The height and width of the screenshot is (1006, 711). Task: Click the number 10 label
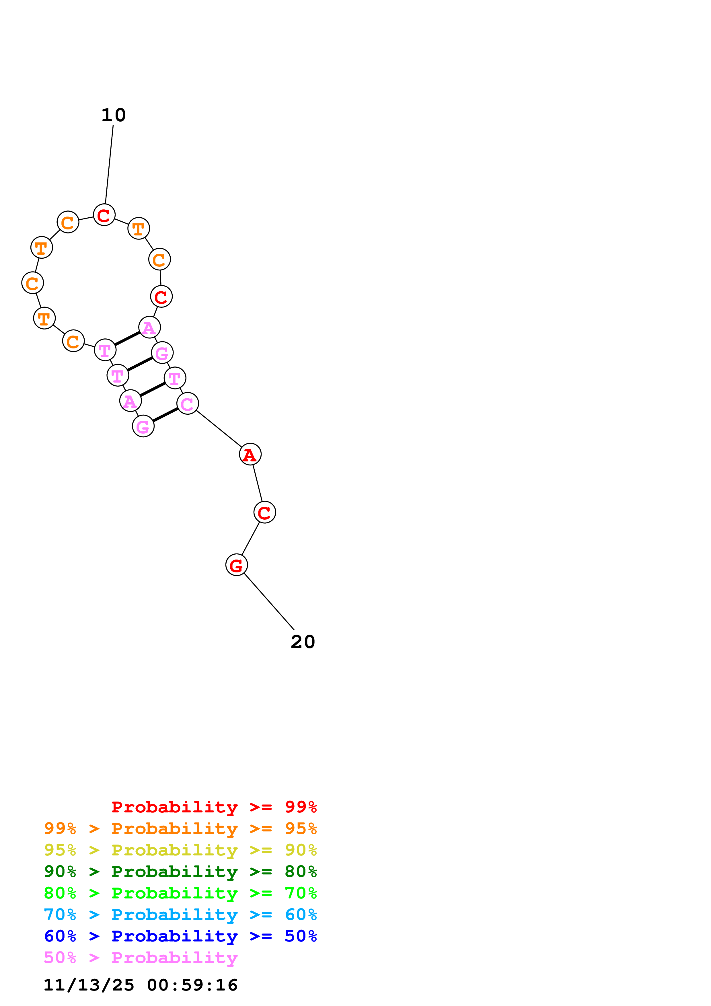point(114,115)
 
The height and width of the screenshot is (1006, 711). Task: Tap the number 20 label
point(303,642)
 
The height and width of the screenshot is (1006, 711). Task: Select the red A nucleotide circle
point(250,454)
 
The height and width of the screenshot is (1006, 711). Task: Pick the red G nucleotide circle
point(237,565)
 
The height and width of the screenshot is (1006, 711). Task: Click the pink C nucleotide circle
point(188,403)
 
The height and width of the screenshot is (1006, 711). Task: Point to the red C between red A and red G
point(265,512)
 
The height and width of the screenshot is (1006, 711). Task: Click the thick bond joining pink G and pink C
point(165,415)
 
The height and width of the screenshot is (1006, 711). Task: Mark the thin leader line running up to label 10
point(109,164)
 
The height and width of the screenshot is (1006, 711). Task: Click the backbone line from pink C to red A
point(219,428)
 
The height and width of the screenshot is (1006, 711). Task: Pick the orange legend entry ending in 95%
point(180,828)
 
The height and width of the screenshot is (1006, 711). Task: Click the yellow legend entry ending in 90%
point(180,850)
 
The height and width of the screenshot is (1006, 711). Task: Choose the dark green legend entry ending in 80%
point(180,872)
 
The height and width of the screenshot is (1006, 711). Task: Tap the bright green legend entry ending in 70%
point(180,893)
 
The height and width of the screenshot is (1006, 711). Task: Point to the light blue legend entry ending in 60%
point(180,915)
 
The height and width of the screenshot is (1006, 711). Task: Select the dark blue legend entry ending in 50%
point(180,936)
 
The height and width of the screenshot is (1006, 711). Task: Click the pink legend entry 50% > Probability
point(141,957)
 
